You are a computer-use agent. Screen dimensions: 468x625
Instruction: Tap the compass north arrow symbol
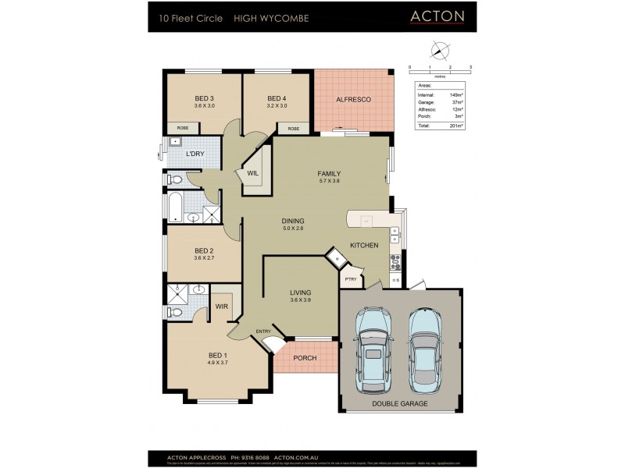[440, 51]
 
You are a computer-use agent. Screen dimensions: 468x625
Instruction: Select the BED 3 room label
[204, 98]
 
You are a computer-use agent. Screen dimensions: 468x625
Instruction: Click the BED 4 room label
[277, 98]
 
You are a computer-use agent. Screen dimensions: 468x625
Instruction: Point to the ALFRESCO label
[352, 100]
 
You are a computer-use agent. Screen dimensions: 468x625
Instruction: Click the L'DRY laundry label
[195, 154]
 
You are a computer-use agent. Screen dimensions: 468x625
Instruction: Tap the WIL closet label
[253, 173]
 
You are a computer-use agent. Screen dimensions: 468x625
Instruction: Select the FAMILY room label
[329, 173]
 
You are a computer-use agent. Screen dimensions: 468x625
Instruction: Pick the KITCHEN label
[364, 245]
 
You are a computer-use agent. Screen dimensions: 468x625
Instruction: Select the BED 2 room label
[204, 250]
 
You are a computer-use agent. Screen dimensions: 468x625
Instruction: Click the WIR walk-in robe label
[221, 307]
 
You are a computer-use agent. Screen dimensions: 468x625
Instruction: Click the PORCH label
[304, 359]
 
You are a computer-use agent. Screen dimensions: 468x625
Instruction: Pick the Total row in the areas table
[440, 126]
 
